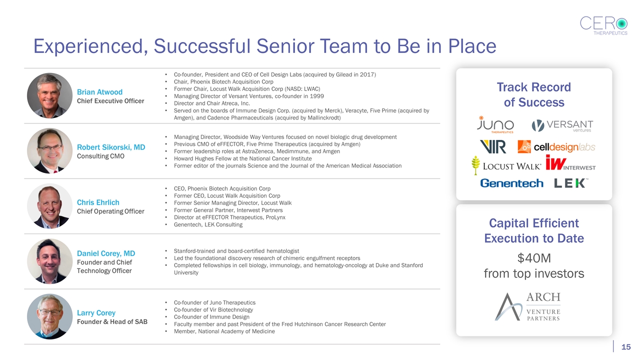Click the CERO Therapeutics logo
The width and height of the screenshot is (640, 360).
point(603,24)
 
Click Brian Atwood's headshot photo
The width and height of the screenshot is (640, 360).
point(49,96)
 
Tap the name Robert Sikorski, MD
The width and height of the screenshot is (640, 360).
point(111,147)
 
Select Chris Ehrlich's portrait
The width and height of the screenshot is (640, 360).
point(49,206)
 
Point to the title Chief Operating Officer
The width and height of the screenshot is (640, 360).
point(110,211)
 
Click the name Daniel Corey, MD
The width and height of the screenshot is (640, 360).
point(106,253)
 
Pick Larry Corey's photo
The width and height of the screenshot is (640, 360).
point(49,316)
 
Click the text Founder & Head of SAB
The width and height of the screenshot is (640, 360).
point(112,321)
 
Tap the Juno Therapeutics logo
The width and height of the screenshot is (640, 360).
point(495,124)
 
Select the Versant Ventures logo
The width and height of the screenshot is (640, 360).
point(562,125)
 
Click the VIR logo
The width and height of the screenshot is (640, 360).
point(492,146)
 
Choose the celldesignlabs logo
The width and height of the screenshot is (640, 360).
point(556,146)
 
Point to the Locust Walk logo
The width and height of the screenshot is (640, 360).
point(505,165)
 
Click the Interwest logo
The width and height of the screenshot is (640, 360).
point(570,163)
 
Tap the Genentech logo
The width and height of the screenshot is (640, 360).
point(511,183)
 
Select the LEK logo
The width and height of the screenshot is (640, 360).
point(570,183)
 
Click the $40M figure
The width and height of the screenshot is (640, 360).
point(534,258)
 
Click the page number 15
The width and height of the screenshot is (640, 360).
point(625,347)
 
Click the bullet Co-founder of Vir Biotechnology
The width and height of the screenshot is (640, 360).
point(213,309)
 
